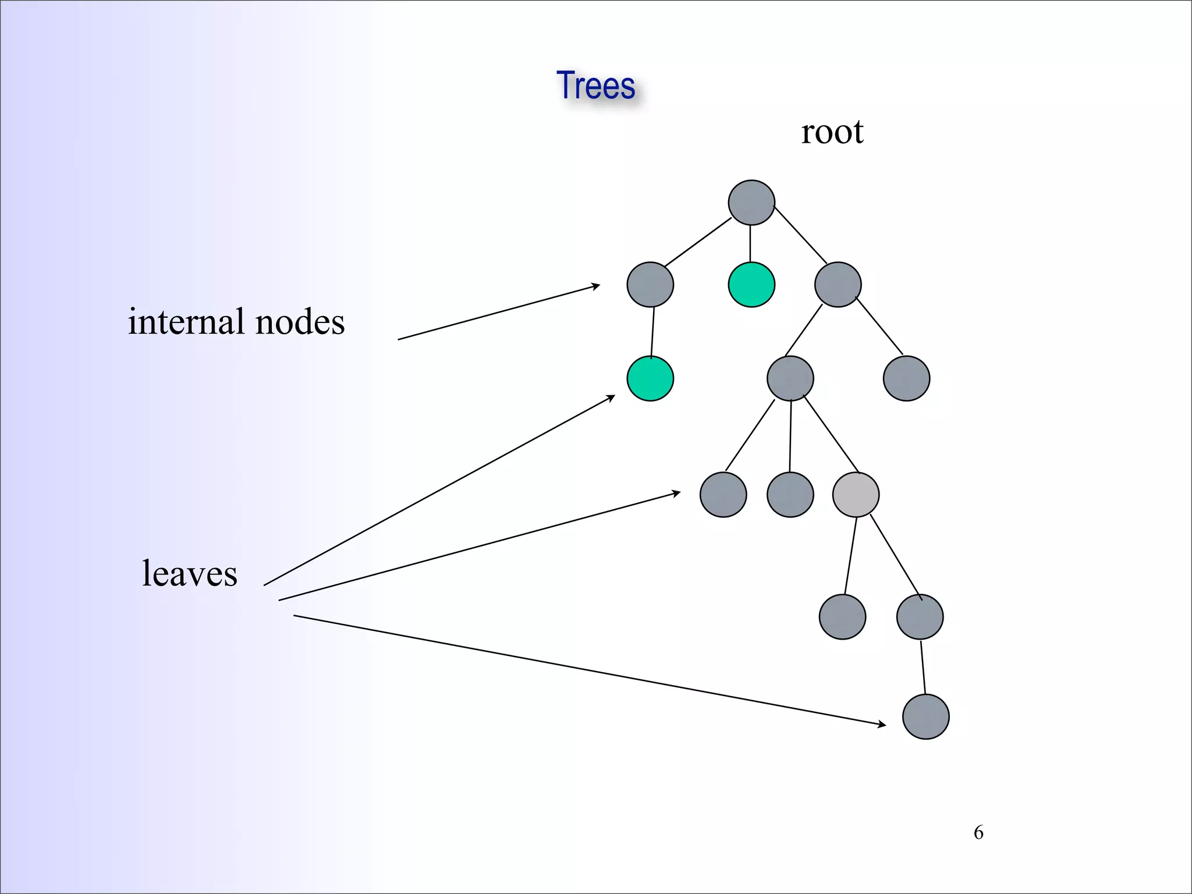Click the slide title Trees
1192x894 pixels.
(x=595, y=86)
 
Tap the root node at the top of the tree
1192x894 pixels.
(x=751, y=203)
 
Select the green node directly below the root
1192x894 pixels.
(x=751, y=285)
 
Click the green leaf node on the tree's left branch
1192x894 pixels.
(x=650, y=378)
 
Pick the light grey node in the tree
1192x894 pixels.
(x=856, y=495)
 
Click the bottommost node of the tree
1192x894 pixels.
(x=925, y=716)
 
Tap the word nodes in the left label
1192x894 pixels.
(x=300, y=321)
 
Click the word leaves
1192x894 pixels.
(x=190, y=573)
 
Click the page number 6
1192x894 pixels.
(x=978, y=832)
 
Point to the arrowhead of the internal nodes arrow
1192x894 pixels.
(x=596, y=285)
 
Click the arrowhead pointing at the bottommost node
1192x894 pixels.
(x=882, y=724)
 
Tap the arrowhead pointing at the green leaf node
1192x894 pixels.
(x=611, y=398)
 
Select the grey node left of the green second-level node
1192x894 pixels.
(x=650, y=285)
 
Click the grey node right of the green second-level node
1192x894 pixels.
(x=838, y=285)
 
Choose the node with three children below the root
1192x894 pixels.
(x=790, y=378)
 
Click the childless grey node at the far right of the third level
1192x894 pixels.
(x=906, y=378)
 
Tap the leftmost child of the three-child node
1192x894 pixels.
(x=723, y=495)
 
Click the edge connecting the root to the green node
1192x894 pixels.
(x=750, y=243)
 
